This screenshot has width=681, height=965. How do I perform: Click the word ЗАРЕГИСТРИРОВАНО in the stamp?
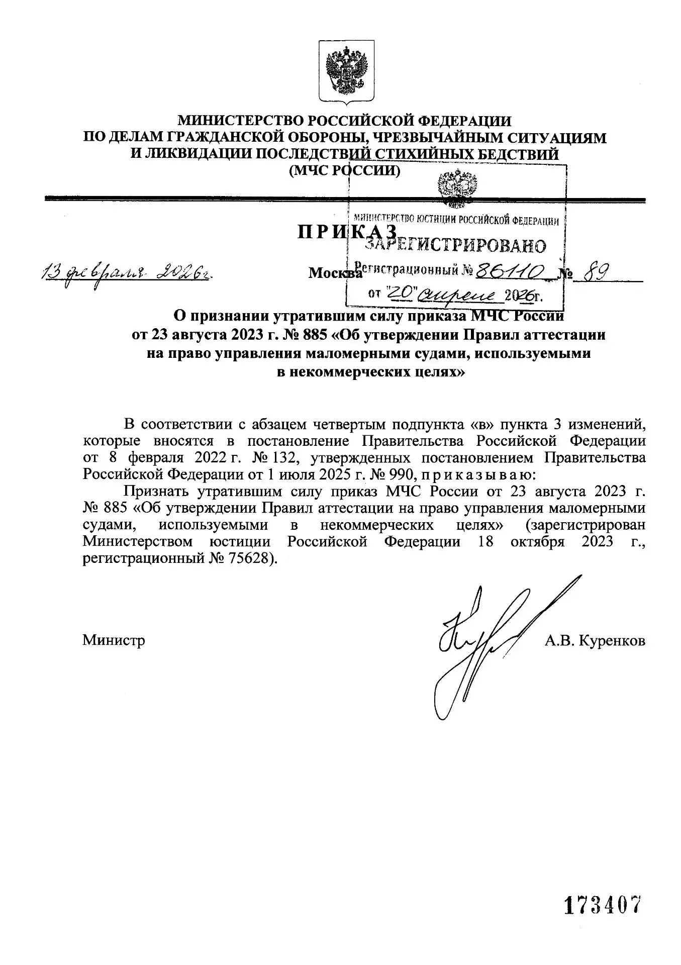tap(455, 245)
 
